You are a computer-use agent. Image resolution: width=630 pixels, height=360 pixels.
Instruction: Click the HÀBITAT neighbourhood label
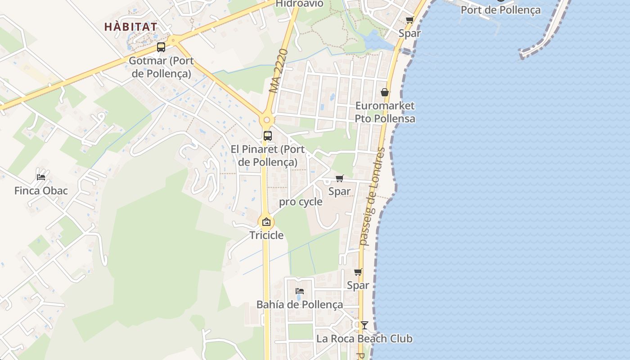[131, 27]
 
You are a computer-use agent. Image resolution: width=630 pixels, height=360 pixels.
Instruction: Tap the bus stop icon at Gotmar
[161, 47]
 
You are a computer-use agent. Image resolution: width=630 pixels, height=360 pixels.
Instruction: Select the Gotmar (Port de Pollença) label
[161, 67]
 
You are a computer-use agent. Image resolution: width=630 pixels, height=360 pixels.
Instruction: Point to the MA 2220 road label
[279, 71]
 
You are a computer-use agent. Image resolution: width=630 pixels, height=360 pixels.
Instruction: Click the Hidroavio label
[299, 4]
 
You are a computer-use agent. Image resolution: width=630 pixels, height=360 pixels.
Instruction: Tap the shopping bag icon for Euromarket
[385, 92]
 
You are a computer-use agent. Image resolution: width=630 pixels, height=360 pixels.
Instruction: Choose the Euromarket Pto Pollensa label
[385, 112]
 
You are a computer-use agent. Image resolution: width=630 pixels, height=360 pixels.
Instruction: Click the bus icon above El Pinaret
[267, 135]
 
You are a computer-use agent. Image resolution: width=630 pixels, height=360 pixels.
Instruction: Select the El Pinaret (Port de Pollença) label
[267, 155]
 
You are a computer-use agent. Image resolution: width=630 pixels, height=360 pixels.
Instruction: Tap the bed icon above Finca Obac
[41, 177]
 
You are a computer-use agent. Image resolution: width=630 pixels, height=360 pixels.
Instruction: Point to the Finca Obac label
[41, 191]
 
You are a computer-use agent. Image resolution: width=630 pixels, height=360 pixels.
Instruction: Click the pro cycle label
[301, 202]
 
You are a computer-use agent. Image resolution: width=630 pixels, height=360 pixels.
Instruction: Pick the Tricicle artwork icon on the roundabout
[266, 222]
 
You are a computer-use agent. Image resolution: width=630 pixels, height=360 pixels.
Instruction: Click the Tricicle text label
[267, 235]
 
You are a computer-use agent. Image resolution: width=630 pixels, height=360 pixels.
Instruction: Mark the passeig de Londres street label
[371, 196]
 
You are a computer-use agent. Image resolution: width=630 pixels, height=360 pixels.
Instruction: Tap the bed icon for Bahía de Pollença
[300, 291]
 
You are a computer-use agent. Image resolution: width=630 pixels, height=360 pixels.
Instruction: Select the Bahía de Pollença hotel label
[300, 305]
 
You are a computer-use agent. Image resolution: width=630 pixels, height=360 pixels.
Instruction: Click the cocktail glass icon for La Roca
[364, 325]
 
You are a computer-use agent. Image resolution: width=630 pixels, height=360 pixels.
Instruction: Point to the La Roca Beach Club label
[364, 338]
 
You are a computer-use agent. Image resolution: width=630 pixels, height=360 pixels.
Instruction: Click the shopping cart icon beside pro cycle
[340, 179]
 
